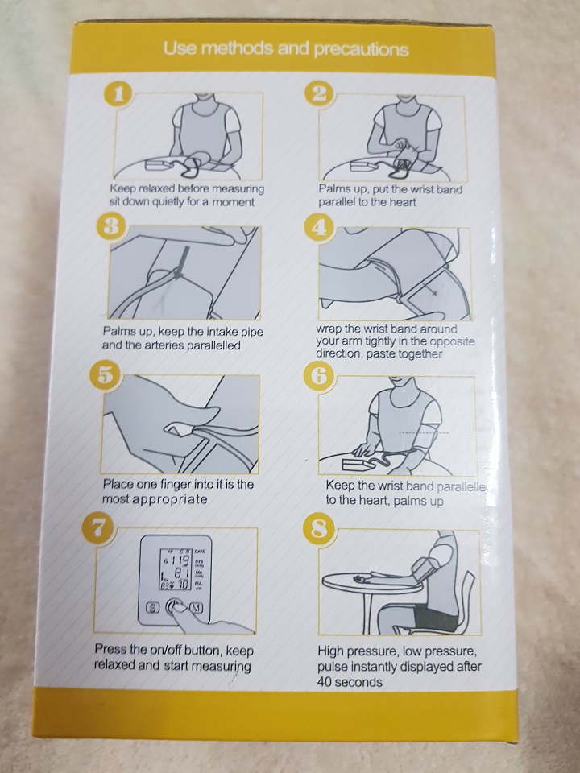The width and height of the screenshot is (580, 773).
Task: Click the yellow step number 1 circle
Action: (x=118, y=93)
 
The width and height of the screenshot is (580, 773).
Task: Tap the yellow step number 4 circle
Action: (x=319, y=228)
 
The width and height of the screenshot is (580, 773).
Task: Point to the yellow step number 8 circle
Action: (x=319, y=530)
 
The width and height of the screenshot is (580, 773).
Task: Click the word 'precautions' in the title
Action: (x=361, y=50)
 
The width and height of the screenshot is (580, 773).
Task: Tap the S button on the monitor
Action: (x=152, y=607)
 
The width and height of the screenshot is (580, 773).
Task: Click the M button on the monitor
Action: (x=197, y=607)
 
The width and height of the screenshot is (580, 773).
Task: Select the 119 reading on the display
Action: (x=180, y=560)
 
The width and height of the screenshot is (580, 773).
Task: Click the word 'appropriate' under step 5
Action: (x=170, y=499)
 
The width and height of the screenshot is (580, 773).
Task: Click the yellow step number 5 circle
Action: (x=104, y=376)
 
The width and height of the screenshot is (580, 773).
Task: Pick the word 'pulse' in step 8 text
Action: (x=331, y=667)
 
